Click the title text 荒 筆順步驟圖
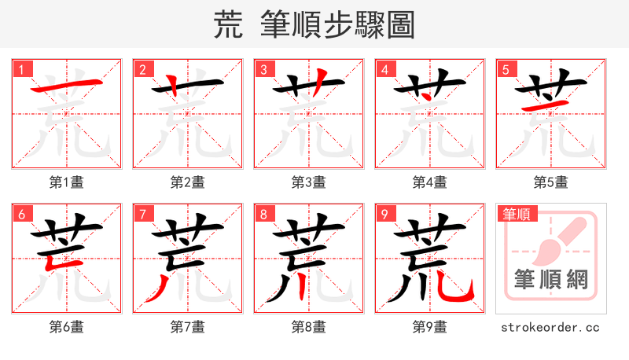314,25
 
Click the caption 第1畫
67,182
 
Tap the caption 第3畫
309,182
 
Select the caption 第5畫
550,182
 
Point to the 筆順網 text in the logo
550,279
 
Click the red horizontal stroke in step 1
67,86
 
